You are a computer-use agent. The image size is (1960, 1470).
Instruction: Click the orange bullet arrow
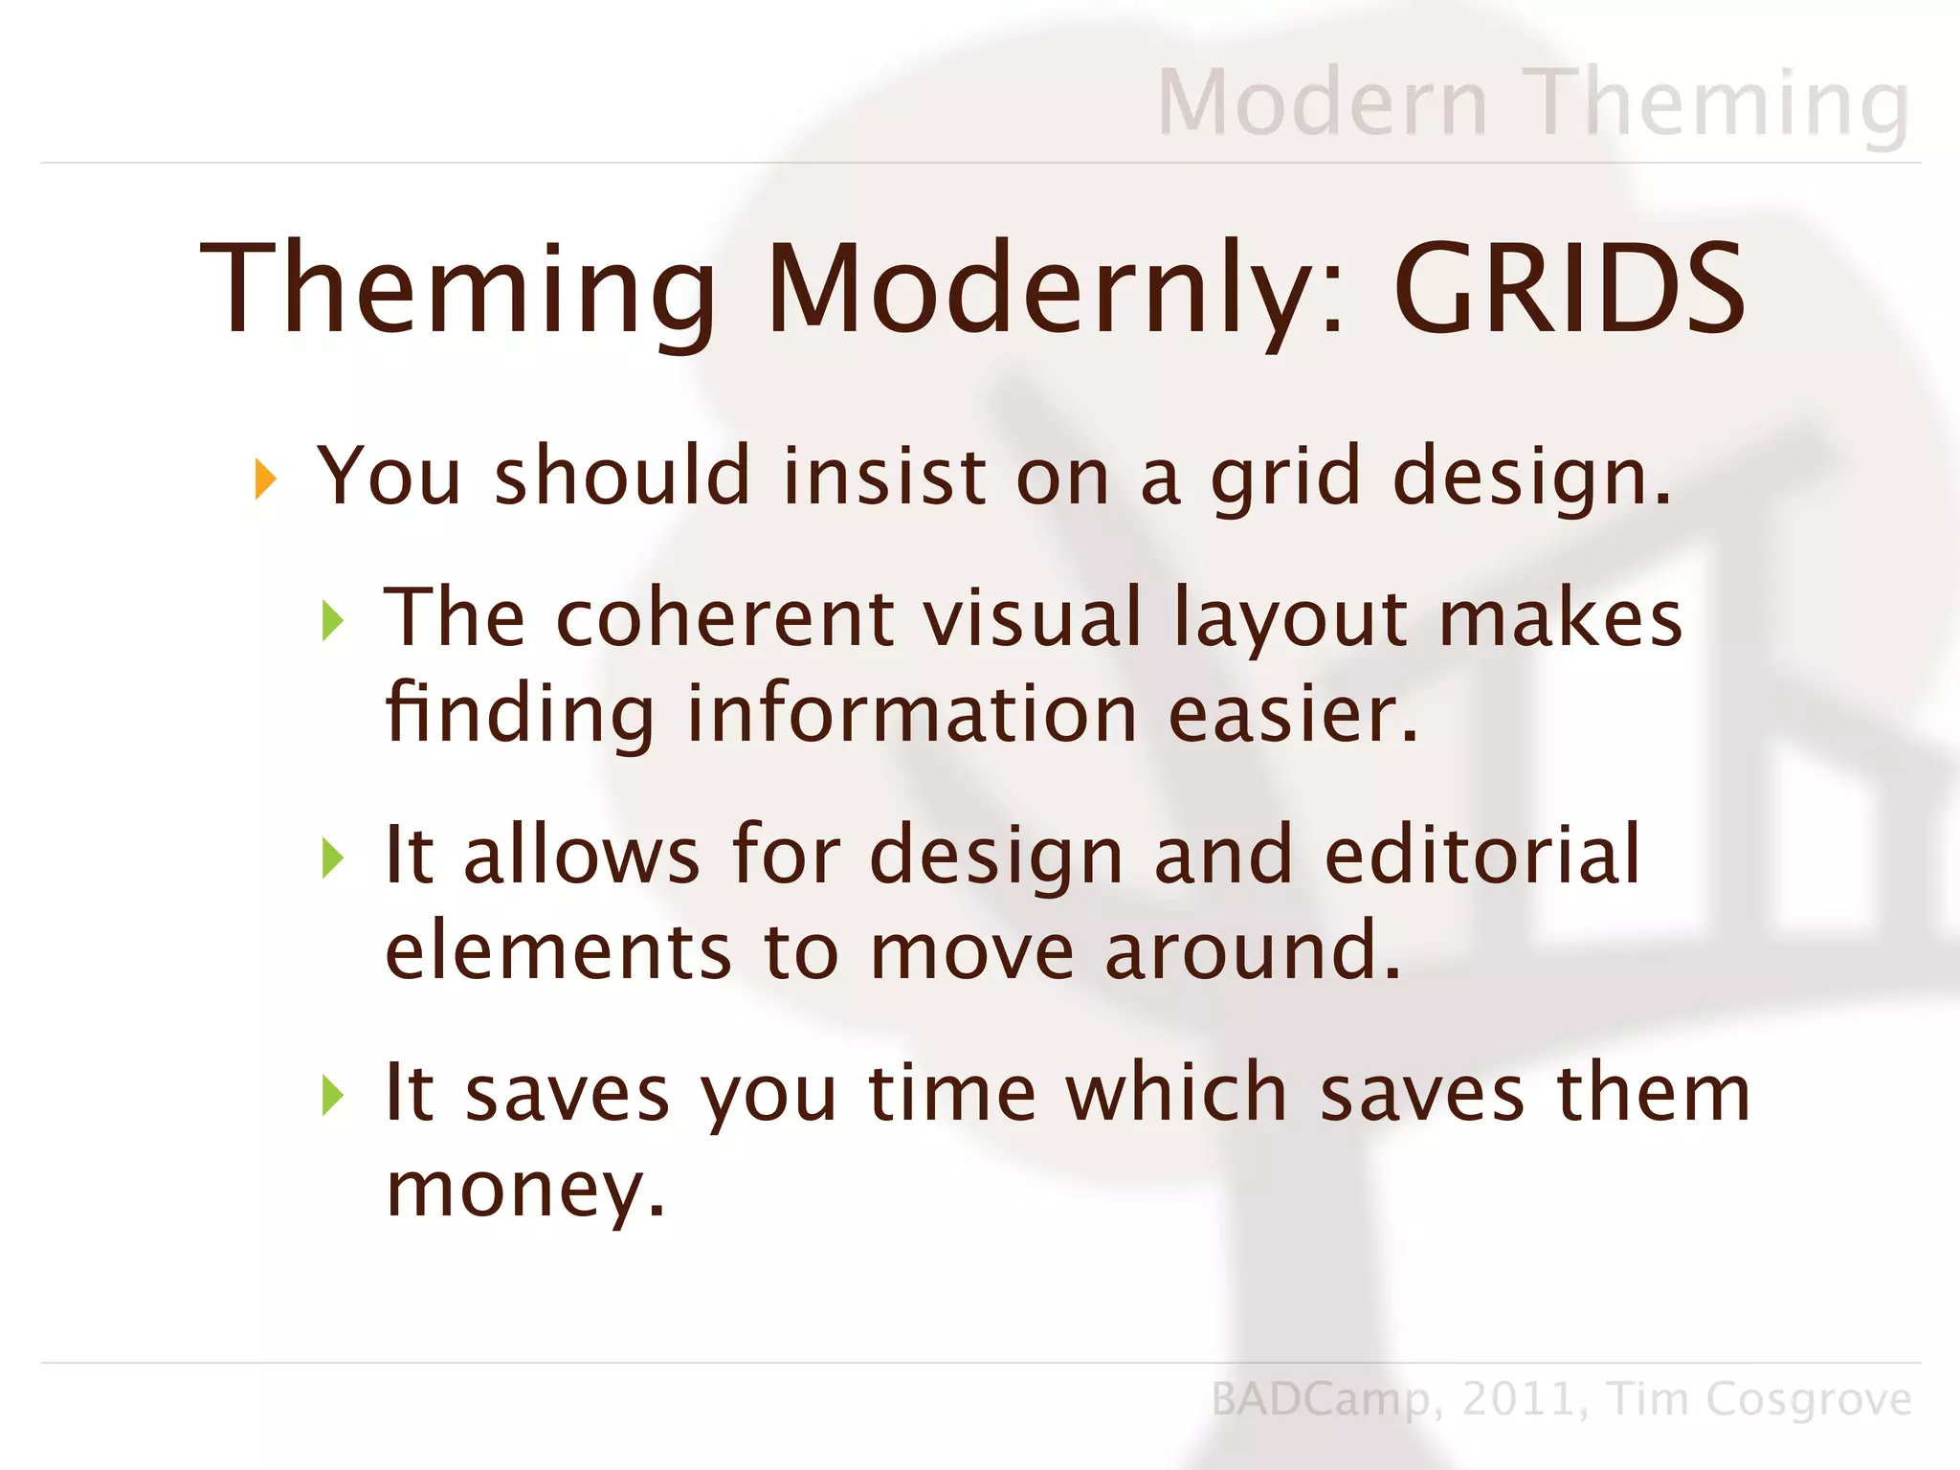pyautogui.click(x=265, y=479)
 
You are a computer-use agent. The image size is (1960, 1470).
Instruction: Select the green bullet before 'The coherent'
pyautogui.click(x=332, y=620)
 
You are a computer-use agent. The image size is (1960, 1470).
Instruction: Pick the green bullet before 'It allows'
pyautogui.click(x=332, y=857)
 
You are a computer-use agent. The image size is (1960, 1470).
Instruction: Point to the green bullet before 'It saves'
pyautogui.click(x=332, y=1095)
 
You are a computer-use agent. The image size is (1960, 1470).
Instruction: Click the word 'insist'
pyautogui.click(x=884, y=476)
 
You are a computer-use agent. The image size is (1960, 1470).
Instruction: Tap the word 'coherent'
pyautogui.click(x=724, y=618)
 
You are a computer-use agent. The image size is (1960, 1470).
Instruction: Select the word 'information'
pyautogui.click(x=911, y=714)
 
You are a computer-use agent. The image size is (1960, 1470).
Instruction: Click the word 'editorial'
pyautogui.click(x=1482, y=855)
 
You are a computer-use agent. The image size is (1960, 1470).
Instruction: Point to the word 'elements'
pyautogui.click(x=558, y=951)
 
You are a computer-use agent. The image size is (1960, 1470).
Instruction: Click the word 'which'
pyautogui.click(x=1176, y=1093)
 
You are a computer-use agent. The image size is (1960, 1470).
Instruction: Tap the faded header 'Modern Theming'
pyautogui.click(x=1532, y=102)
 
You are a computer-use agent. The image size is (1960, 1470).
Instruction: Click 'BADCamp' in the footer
pyautogui.click(x=1320, y=1399)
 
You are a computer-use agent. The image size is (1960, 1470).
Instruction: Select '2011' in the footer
pyautogui.click(x=1517, y=1399)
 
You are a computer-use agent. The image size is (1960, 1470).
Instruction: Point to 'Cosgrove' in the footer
pyautogui.click(x=1808, y=1399)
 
